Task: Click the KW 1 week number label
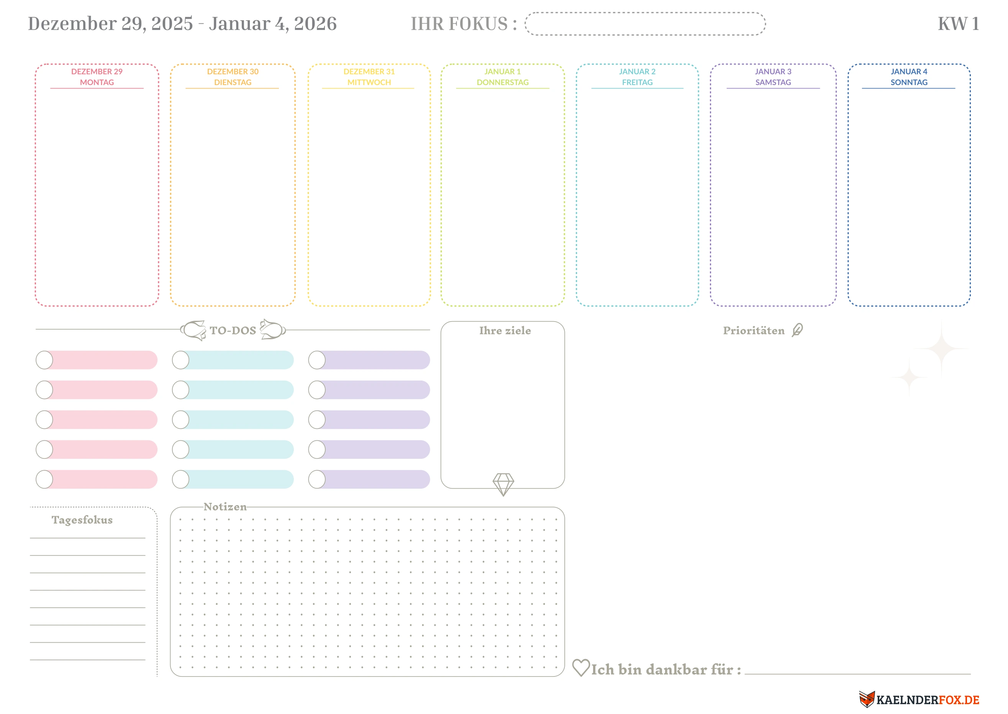[958, 24]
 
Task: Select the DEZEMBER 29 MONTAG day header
[97, 77]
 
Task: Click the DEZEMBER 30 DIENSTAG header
[233, 77]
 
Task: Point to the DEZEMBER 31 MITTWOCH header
[369, 77]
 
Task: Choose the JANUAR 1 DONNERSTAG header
[503, 77]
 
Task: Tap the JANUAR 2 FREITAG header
[637, 77]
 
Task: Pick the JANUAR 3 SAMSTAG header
[773, 77]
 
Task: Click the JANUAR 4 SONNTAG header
[909, 77]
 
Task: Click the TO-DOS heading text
[233, 330]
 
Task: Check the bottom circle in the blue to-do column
[180, 479]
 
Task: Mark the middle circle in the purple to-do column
[317, 419]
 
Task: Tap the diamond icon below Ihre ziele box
[503, 484]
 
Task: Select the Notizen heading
[225, 507]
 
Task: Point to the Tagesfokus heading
[82, 520]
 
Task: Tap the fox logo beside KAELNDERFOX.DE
[867, 699]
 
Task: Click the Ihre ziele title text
[505, 330]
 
